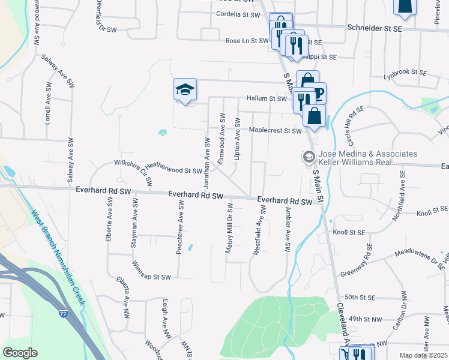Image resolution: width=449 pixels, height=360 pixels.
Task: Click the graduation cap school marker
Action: coord(185,91)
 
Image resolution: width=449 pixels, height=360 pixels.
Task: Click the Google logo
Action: coord(20,353)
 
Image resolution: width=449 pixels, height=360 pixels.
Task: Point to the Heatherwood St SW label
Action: coord(174,171)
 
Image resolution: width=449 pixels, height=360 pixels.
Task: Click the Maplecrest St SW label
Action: coord(274,130)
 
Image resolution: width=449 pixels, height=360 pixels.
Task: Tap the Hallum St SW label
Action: coord(267,98)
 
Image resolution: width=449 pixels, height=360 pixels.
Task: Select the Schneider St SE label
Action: coord(375,28)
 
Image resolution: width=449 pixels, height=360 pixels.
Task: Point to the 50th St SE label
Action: coord(360,297)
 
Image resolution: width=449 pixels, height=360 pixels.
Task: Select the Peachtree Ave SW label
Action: coord(179,229)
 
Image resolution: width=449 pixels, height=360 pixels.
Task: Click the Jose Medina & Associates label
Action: coord(368,154)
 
